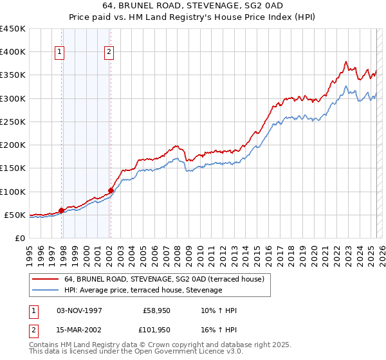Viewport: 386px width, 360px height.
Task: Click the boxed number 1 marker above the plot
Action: pyautogui.click(x=59, y=52)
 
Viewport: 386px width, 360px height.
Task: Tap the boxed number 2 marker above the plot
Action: pyautogui.click(x=109, y=52)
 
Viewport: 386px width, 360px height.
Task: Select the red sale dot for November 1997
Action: pyautogui.click(x=62, y=210)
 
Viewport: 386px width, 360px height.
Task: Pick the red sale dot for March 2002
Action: pyautogui.click(x=111, y=190)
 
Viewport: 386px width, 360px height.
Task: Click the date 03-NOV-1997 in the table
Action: pyautogui.click(x=80, y=310)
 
